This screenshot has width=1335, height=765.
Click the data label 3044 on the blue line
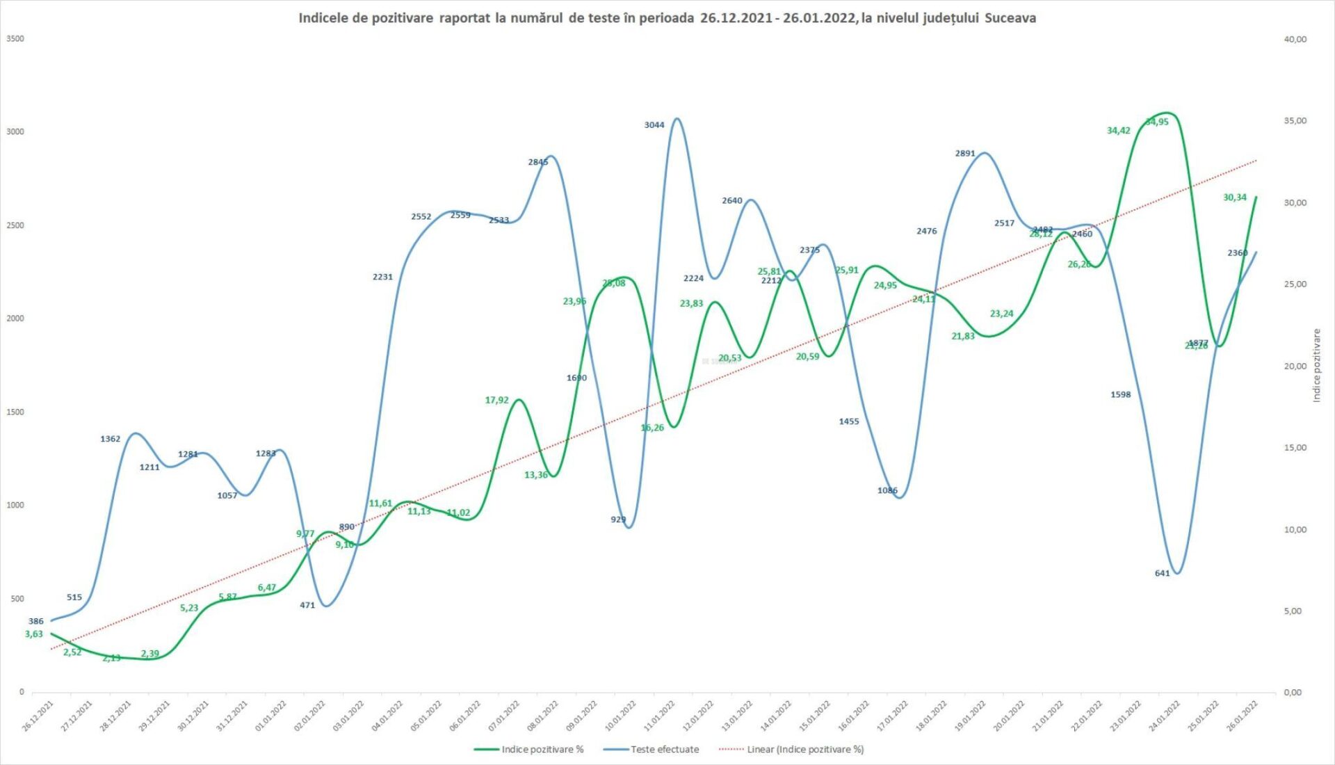pos(654,125)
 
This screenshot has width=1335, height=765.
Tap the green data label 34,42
pos(1118,131)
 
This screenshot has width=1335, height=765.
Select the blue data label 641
pos(1162,574)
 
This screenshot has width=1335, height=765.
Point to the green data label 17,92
pos(496,401)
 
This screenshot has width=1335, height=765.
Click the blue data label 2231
pos(382,277)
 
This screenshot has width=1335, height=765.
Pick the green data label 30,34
pos(1234,198)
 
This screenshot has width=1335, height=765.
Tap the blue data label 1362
pos(110,439)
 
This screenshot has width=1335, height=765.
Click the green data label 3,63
pos(33,634)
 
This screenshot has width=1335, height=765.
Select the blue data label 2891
pos(964,154)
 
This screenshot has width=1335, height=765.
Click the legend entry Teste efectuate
pos(664,750)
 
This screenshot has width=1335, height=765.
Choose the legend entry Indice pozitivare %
pos(542,750)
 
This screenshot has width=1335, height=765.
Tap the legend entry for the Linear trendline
pos(805,750)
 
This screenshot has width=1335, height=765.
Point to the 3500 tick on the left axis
pos(15,39)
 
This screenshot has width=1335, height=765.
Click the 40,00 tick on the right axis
pos(1295,40)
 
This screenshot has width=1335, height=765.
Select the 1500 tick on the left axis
pos(15,412)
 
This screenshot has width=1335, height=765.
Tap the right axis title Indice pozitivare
pos(1316,365)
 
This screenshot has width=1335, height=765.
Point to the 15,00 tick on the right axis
pos(1295,448)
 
